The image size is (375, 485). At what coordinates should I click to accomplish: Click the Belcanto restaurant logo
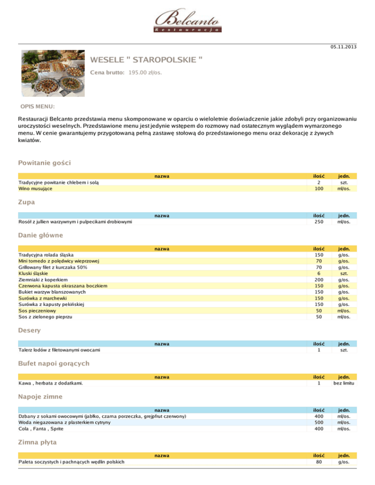pyautogui.click(x=187, y=21)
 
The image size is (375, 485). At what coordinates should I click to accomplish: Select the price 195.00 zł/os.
pyautogui.click(x=146, y=73)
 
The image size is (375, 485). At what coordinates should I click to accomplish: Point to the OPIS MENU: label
pyautogui.click(x=38, y=106)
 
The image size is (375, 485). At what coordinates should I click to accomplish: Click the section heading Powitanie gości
pyautogui.click(x=45, y=162)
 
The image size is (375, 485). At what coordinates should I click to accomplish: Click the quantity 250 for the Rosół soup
pyautogui.click(x=319, y=222)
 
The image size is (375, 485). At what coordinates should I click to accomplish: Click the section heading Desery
pyautogui.click(x=29, y=330)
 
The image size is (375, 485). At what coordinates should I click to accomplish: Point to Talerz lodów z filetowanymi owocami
pyautogui.click(x=60, y=350)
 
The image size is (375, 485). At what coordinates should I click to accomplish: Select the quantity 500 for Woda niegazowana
pyautogui.click(x=319, y=423)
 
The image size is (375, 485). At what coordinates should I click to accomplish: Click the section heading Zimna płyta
pyautogui.click(x=37, y=442)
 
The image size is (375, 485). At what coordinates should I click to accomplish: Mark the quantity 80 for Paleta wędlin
pyautogui.click(x=319, y=462)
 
